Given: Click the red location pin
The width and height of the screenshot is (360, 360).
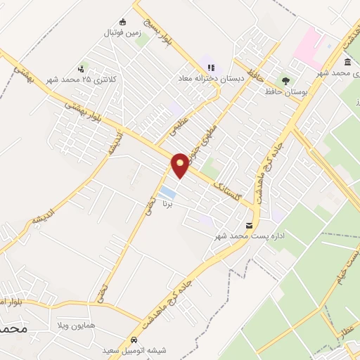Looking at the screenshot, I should click(180, 165).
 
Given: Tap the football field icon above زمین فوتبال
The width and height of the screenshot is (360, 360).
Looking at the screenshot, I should click(123, 21).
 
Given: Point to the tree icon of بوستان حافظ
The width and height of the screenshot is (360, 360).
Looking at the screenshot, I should click(285, 80).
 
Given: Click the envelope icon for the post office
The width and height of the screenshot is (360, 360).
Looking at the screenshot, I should click(249, 225).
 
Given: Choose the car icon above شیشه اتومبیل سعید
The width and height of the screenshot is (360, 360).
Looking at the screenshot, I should click(124, 338).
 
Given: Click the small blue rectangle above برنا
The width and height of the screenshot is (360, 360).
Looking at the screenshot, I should click(167, 192).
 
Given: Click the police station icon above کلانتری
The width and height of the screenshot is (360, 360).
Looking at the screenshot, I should click(83, 68).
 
